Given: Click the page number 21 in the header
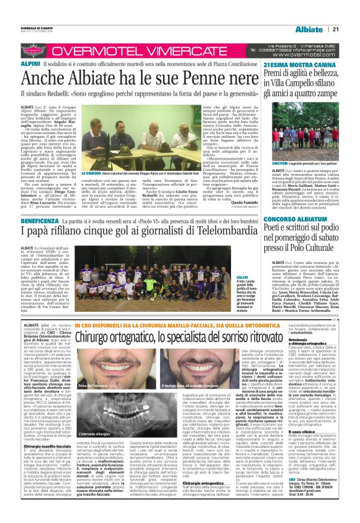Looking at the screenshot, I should click(x=335, y=30).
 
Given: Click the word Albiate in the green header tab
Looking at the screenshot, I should click(x=308, y=30).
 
